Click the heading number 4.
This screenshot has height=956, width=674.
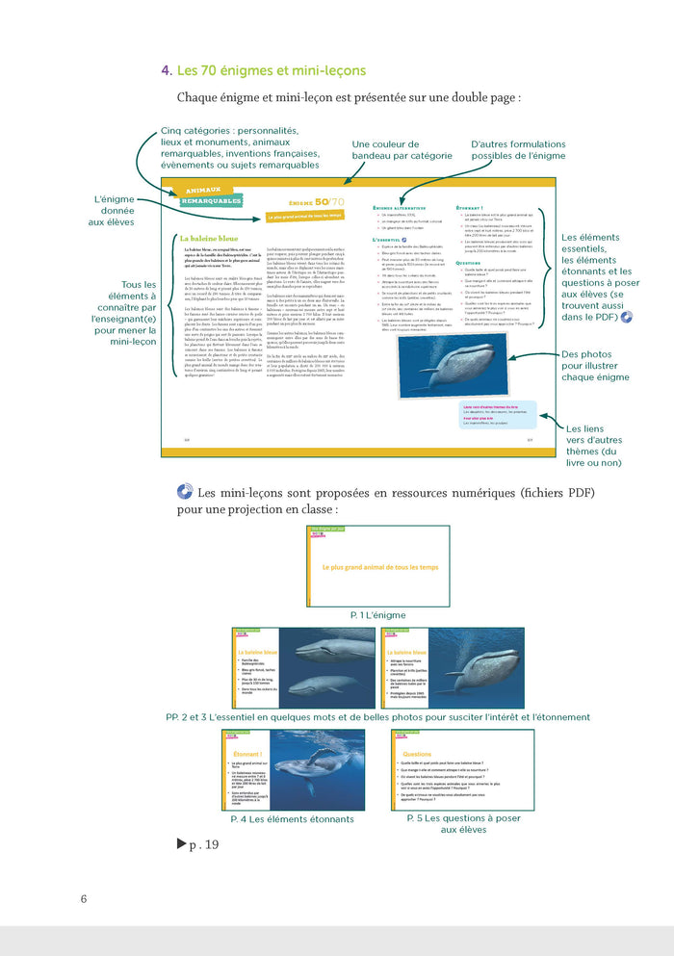[167, 70]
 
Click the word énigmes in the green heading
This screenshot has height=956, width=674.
[248, 70]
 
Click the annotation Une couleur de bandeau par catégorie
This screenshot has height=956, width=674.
[402, 149]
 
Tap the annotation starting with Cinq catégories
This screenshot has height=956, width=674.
[235, 148]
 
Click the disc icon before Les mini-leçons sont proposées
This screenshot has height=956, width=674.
[185, 492]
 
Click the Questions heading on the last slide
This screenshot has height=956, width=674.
[417, 755]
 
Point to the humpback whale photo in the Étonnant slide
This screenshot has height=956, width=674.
[324, 770]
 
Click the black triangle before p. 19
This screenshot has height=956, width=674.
[181, 844]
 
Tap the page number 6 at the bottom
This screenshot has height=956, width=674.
[84, 899]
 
